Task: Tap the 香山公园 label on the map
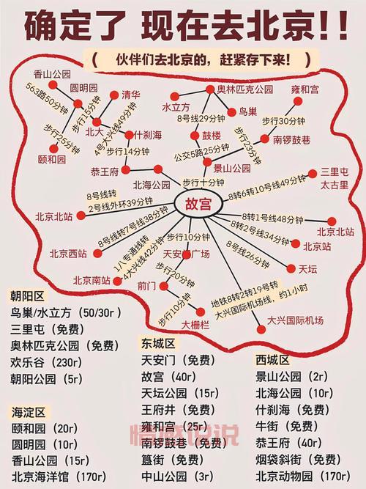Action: (x=51, y=73)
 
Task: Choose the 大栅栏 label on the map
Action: (x=196, y=324)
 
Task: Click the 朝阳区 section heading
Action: (x=26, y=296)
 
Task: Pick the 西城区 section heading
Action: (x=272, y=360)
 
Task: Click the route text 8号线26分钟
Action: (x=249, y=252)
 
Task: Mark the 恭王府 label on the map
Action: (x=104, y=172)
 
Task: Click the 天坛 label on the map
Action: (x=307, y=270)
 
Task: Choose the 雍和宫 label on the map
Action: (x=305, y=89)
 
